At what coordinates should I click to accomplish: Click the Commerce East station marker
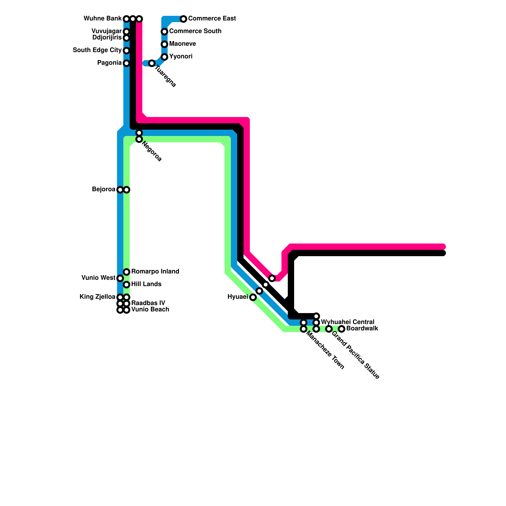[183, 19]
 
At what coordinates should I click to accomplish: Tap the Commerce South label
[195, 31]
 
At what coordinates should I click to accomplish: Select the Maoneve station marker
[164, 44]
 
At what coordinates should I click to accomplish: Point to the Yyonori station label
[181, 57]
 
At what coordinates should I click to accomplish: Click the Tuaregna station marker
[152, 63]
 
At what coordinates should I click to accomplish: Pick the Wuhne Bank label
[102, 19]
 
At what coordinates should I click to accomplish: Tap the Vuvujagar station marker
[126, 32]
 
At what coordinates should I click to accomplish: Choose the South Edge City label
[97, 50]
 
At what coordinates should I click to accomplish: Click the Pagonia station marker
[126, 63]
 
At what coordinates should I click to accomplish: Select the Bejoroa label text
[103, 189]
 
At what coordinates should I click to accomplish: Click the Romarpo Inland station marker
[126, 272]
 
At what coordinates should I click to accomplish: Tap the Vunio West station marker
[120, 278]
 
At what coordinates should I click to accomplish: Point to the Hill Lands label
[146, 284]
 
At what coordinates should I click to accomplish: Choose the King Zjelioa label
[97, 297]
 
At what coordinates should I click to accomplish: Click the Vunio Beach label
[150, 310]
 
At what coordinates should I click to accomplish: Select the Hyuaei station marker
[253, 297]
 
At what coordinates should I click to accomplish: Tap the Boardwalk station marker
[342, 329]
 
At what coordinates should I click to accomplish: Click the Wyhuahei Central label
[348, 322]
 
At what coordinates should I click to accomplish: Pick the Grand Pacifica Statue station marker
[329, 329]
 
